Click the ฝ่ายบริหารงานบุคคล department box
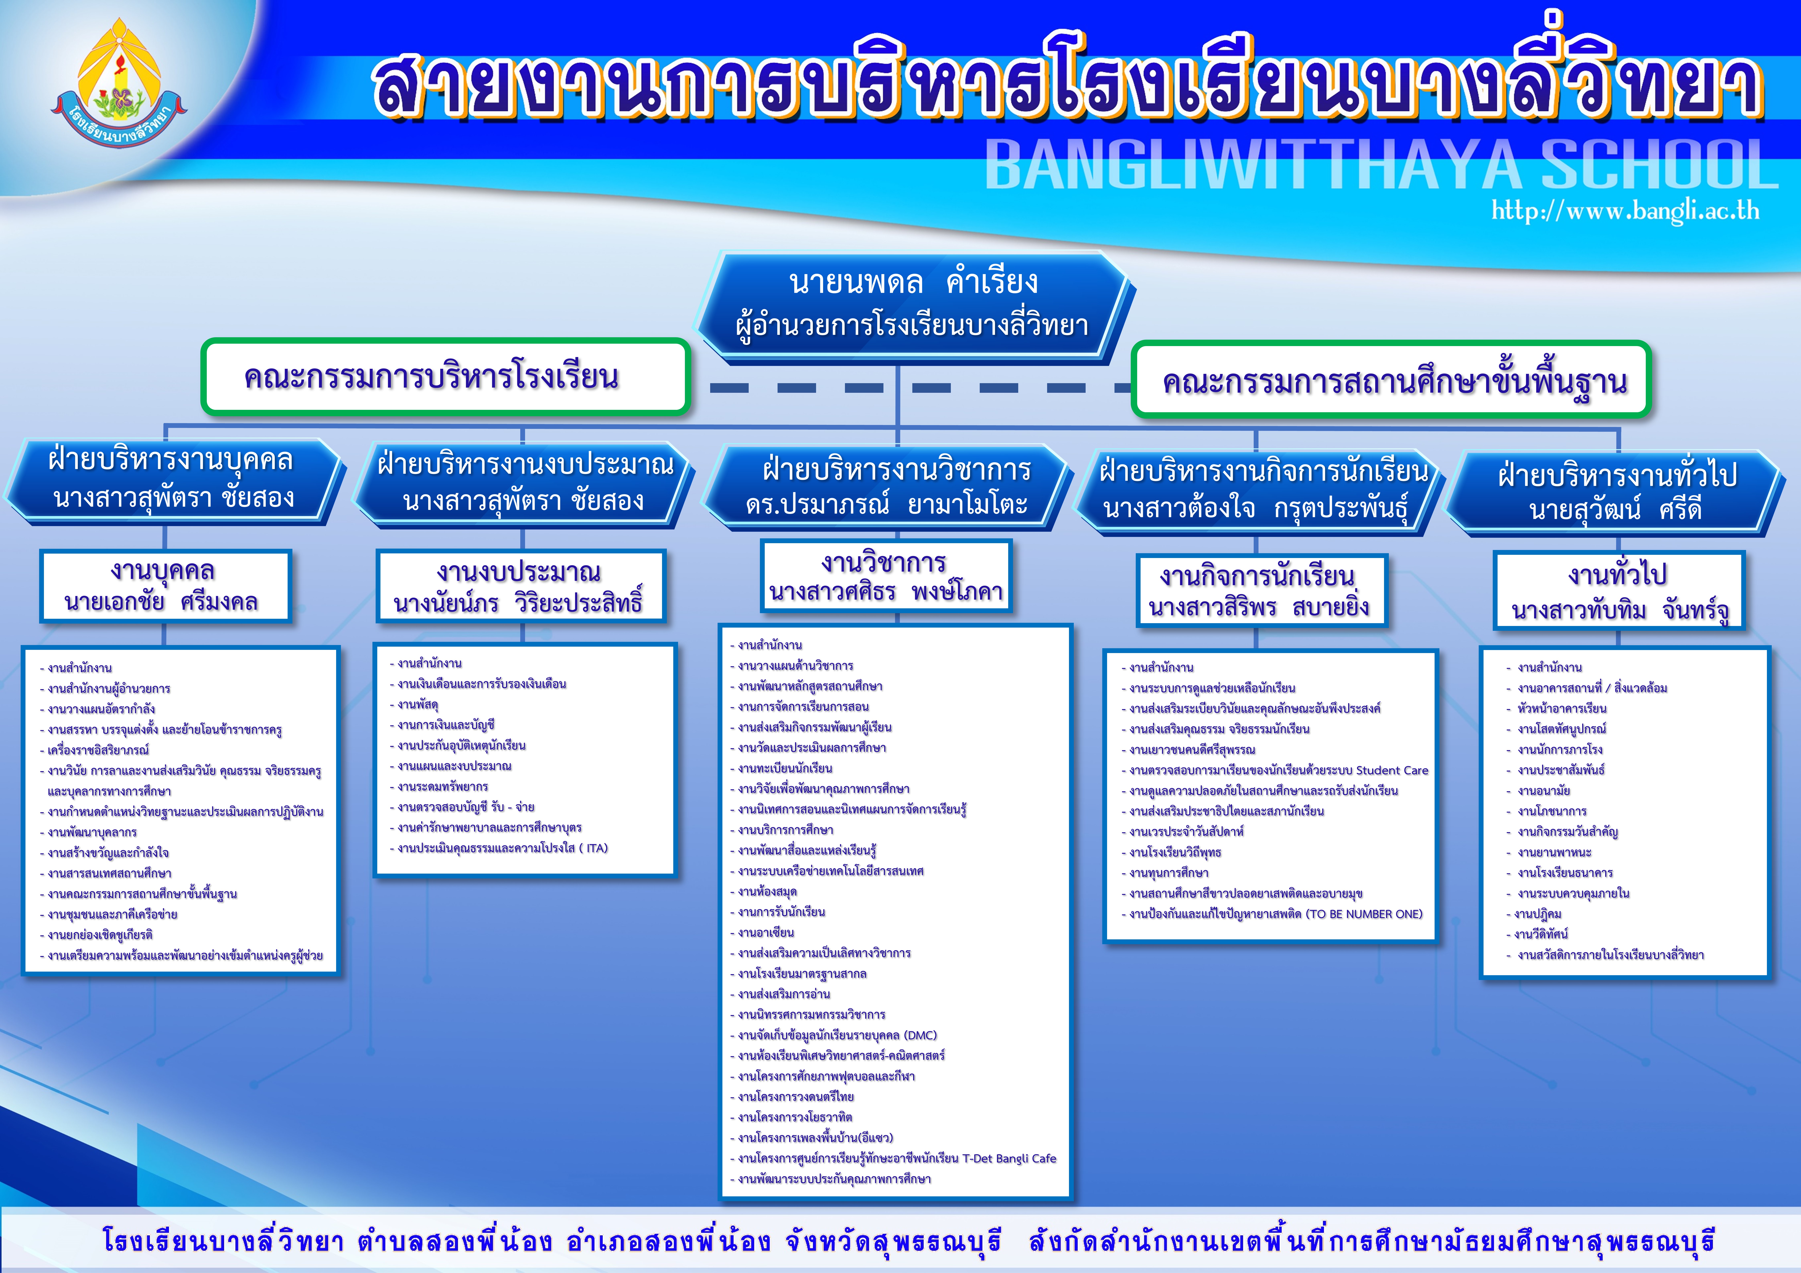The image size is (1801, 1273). (172, 478)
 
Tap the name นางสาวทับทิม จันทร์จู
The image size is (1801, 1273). (1619, 610)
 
